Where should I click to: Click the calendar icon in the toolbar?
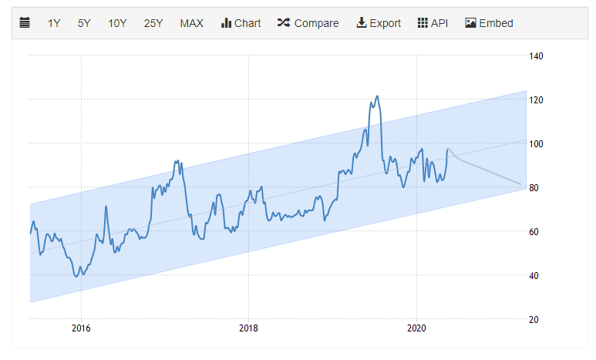[x=25, y=23]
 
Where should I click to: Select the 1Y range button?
[x=54, y=23]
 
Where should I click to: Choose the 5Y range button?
[x=84, y=23]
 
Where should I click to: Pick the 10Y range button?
[x=117, y=23]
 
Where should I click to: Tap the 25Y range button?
[x=153, y=23]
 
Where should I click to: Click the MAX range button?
[x=191, y=23]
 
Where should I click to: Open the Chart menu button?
[x=241, y=23]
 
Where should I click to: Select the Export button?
[x=378, y=23]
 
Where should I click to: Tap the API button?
[x=433, y=23]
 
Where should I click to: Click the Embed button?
[x=489, y=23]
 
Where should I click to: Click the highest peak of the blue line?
[x=377, y=96]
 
